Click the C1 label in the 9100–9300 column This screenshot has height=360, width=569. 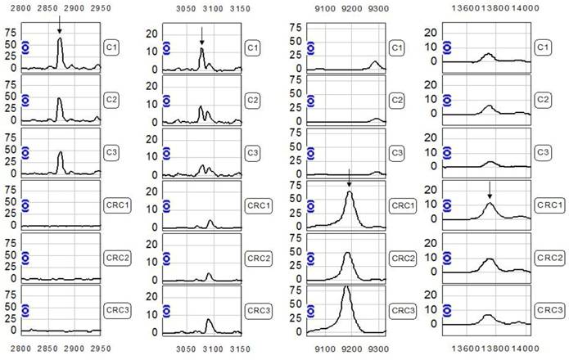(x=395, y=48)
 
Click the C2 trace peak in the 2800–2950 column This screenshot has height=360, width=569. (x=60, y=99)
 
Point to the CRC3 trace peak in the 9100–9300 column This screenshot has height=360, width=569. (x=346, y=287)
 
